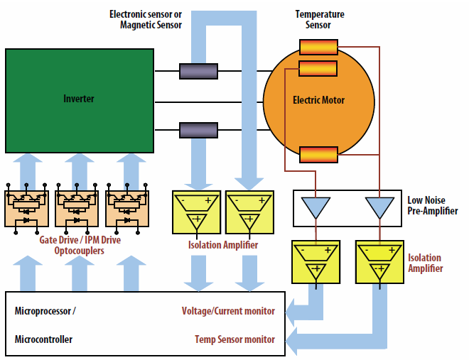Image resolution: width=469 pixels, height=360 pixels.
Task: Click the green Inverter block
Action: pos(79,100)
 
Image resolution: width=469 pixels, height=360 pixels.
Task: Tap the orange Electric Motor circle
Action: pos(318,100)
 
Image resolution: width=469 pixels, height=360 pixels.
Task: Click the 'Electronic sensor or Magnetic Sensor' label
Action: pos(146,20)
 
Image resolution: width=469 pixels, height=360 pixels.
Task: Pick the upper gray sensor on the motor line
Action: pos(198,71)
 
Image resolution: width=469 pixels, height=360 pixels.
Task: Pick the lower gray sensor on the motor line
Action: pos(198,130)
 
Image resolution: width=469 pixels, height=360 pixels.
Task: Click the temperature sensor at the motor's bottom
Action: pos(318,154)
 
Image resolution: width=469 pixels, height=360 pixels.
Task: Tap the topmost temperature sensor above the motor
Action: pos(318,48)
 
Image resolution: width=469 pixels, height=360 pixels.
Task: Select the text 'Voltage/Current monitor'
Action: pos(228,311)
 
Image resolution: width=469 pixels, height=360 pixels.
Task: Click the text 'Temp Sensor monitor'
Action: pos(234,339)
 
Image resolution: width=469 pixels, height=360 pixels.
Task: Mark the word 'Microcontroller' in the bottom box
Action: pos(43,339)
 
